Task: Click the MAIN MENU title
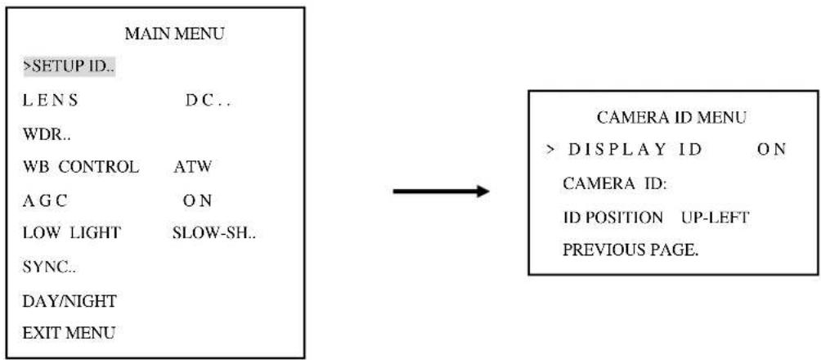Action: click(174, 34)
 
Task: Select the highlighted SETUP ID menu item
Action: click(70, 66)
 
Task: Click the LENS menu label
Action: click(50, 101)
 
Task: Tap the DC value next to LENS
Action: click(208, 101)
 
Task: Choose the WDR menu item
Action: click(47, 134)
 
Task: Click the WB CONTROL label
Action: click(81, 167)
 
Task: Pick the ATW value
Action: click(192, 167)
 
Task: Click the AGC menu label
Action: click(45, 201)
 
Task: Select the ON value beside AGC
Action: click(197, 201)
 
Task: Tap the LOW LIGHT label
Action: click(72, 233)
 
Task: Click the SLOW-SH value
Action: click(214, 233)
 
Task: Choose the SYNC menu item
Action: click(49, 268)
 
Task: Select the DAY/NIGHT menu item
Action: click(70, 301)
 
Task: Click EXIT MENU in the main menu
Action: click(69, 333)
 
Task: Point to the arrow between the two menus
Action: click(441, 191)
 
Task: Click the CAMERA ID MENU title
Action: click(672, 118)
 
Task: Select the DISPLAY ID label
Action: click(635, 150)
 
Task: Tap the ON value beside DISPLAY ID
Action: click(771, 150)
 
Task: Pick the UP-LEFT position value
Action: click(716, 217)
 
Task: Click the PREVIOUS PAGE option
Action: click(630, 250)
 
